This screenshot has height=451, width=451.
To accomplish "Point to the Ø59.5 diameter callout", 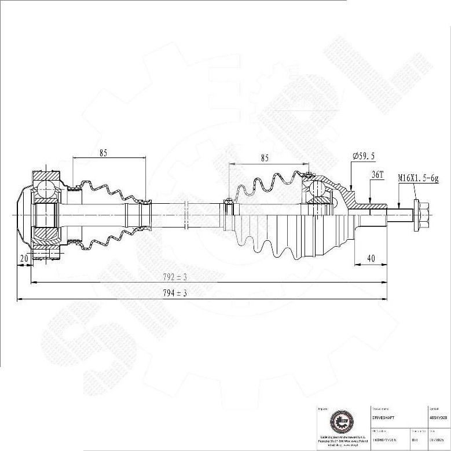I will pos(364,156).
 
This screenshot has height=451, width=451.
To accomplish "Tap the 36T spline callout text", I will pos(377,174).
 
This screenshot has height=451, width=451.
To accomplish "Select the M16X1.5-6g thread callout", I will pos(418,178).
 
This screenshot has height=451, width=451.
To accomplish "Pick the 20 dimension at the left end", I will pos(24,258).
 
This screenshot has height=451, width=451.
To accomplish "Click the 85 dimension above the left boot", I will pos(103,153).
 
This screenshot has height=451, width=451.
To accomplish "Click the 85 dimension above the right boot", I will pos(265,157).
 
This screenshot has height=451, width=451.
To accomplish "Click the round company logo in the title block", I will pos(339,423).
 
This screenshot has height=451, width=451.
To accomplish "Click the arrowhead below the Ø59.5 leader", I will pos(351,188).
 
